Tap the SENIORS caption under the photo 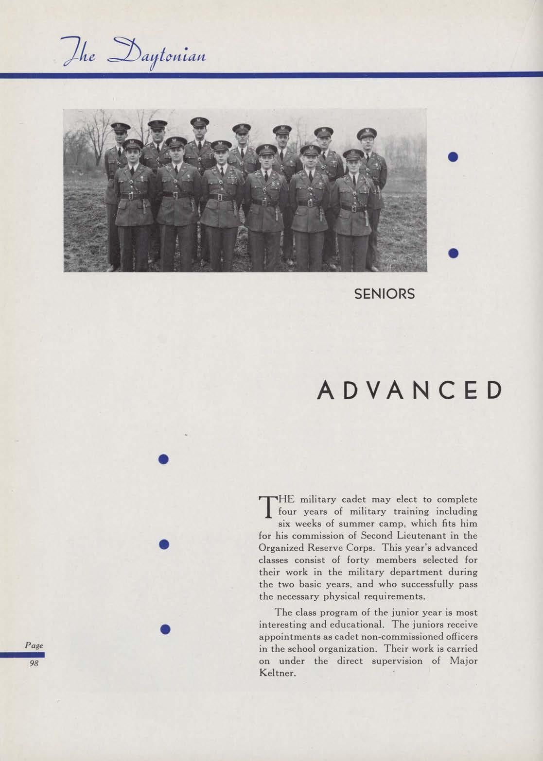tap(384, 294)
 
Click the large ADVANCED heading tap(408, 390)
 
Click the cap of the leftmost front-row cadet tap(132, 144)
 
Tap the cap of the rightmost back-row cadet tap(367, 133)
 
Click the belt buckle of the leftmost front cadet tap(130, 197)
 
